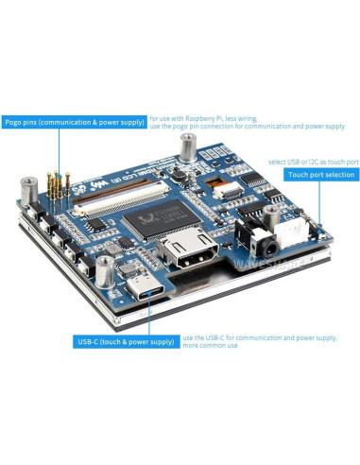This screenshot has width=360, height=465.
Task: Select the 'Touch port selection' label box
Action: coord(320,175)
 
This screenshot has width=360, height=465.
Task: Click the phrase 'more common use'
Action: coord(210,346)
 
